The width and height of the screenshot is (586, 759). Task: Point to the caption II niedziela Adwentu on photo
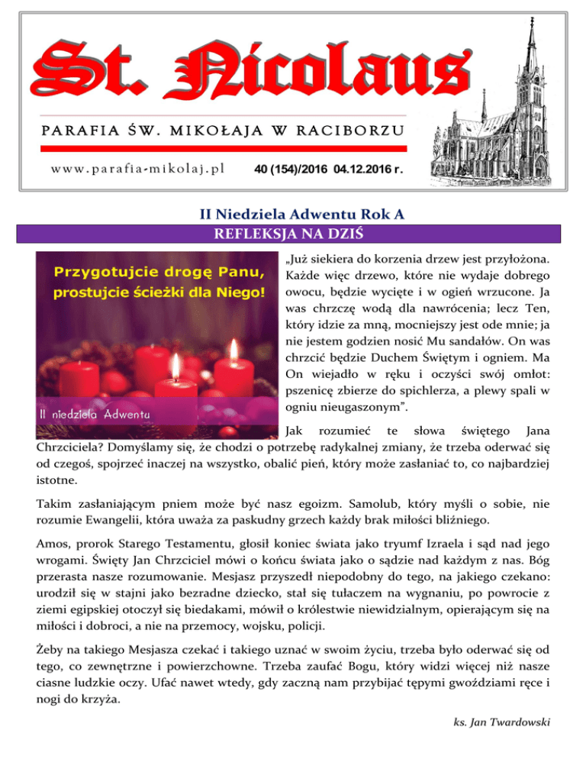pos(95,414)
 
